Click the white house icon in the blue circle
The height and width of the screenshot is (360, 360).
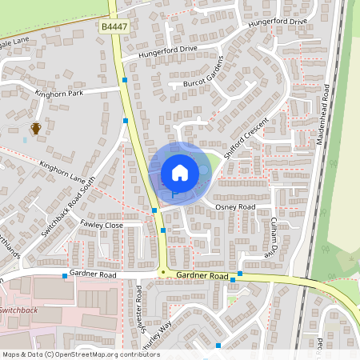tap(180, 172)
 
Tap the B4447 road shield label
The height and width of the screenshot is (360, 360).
tap(112, 27)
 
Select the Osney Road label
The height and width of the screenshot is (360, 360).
tap(235, 207)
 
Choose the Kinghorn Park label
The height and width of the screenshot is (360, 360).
tap(59, 94)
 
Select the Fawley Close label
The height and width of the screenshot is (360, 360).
tap(102, 226)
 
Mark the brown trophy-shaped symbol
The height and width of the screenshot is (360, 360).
tap(35, 128)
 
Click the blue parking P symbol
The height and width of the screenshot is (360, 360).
tap(174, 194)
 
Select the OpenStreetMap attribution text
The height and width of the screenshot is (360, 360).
tap(81, 354)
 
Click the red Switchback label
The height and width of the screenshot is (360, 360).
tap(18, 310)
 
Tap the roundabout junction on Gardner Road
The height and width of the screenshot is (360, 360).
tap(163, 273)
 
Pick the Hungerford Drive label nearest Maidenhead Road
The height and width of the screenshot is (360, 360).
tap(278, 22)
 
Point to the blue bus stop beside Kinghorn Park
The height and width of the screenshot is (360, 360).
tap(125, 80)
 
